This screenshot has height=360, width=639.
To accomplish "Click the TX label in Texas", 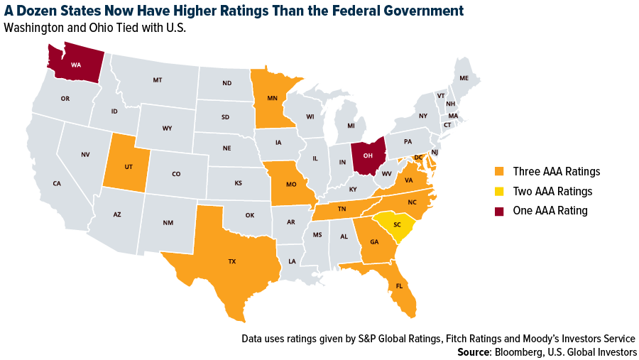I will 231,261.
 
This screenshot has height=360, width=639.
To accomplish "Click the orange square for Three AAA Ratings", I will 498,171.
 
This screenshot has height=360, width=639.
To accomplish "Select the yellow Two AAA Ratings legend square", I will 498,191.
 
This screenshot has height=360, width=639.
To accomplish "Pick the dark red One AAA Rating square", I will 498,211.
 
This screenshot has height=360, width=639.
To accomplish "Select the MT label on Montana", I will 157,80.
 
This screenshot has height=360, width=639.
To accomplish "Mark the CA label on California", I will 57,183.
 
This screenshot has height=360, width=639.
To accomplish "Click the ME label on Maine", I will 464,78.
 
